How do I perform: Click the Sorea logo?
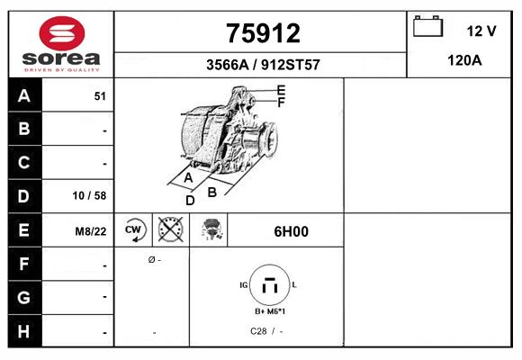pyautogui.click(x=60, y=44)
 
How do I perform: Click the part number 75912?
pyautogui.click(x=262, y=33)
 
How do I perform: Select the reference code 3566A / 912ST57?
pyautogui.click(x=262, y=65)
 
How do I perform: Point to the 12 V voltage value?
pyautogui.click(x=481, y=31)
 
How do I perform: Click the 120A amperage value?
pyautogui.click(x=463, y=61)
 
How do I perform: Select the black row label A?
pyautogui.click(x=24, y=96)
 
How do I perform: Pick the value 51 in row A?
pyautogui.click(x=100, y=96)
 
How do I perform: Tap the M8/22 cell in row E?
pyautogui.click(x=91, y=231)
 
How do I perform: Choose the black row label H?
pyautogui.click(x=24, y=330)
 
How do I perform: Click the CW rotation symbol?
pyautogui.click(x=134, y=230)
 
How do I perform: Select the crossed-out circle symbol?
pyautogui.click(x=170, y=230)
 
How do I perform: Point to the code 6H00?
pyautogui.click(x=291, y=231)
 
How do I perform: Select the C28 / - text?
pyautogui.click(x=266, y=331)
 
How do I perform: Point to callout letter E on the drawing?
pyautogui.click(x=281, y=90)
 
